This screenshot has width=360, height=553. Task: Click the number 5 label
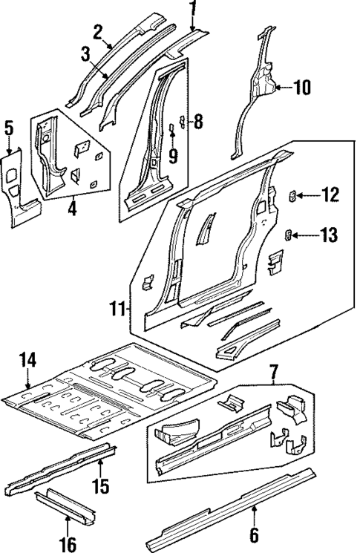tap(9, 128)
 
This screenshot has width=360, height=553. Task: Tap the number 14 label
tap(27, 361)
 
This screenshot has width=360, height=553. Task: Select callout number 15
tap(101, 486)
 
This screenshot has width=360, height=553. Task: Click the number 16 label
tap(68, 543)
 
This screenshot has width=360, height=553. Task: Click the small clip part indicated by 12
tap(294, 196)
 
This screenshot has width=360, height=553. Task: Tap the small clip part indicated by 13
tap(289, 235)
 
